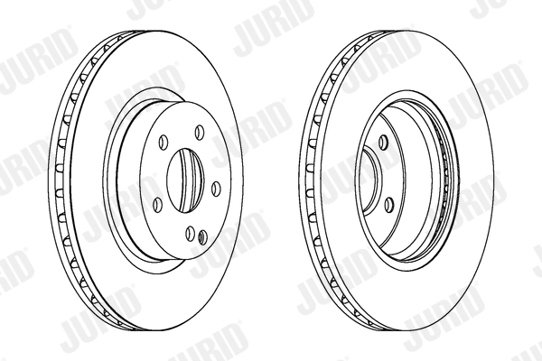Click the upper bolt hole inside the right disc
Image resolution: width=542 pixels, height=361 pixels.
383,140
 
